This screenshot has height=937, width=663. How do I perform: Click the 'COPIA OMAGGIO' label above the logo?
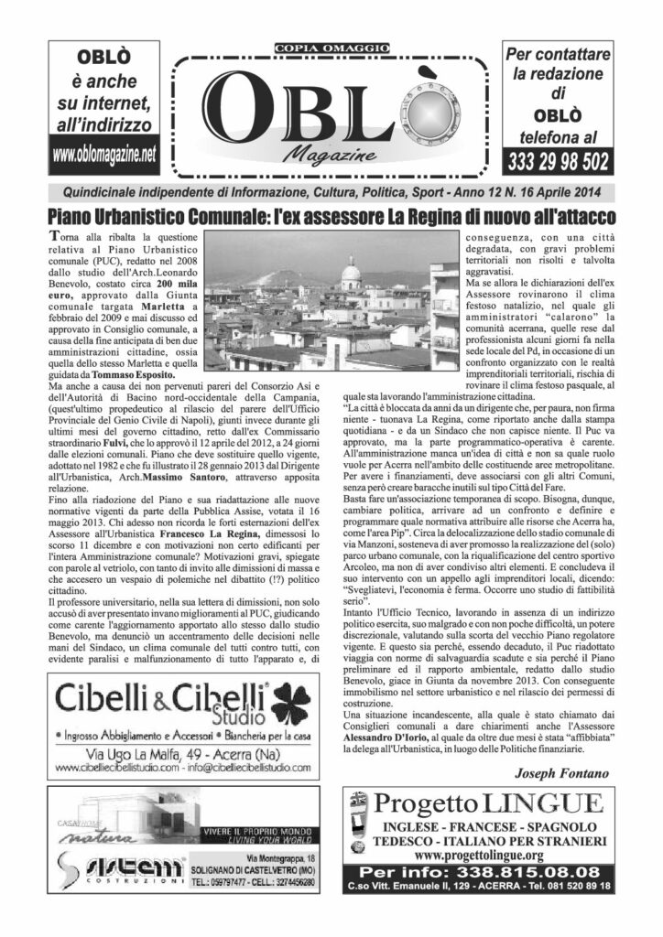[x=331, y=48]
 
